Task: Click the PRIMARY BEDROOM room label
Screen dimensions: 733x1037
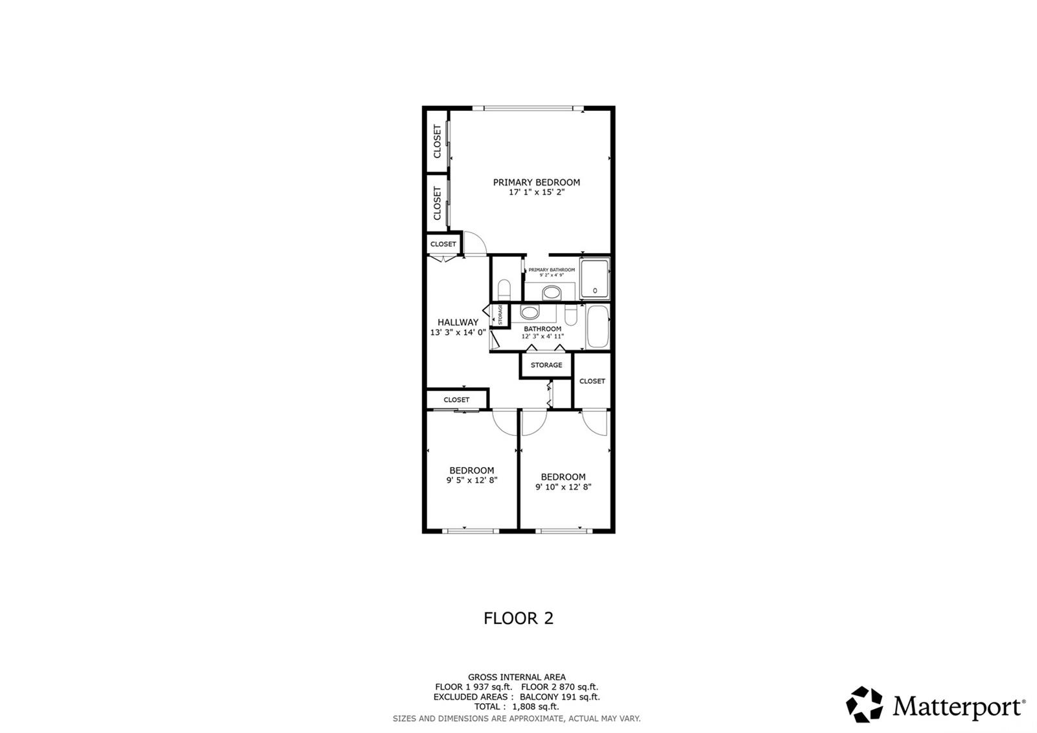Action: coord(536,182)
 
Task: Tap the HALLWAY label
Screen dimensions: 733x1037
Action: coord(458,322)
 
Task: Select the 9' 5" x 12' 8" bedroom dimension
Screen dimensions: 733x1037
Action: coord(471,481)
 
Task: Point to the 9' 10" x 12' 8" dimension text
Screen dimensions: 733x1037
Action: coord(563,487)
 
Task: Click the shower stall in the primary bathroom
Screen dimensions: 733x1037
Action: coord(594,278)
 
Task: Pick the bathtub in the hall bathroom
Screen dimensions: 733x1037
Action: coord(597,327)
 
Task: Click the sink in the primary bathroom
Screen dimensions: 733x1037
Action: coord(552,293)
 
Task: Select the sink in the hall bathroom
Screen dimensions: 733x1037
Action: coord(529,313)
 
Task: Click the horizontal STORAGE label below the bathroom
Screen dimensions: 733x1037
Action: coord(546,365)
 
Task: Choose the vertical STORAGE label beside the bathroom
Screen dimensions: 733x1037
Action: coord(500,315)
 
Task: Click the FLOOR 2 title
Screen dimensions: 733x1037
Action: coord(518,618)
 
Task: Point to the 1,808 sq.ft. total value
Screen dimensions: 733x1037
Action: coord(535,706)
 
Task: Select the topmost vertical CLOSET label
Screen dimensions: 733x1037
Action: coord(437,141)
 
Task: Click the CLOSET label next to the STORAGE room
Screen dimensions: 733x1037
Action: coord(592,381)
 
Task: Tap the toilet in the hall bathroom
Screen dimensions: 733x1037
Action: coord(571,315)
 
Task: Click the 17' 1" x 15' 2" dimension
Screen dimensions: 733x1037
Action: coord(536,193)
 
